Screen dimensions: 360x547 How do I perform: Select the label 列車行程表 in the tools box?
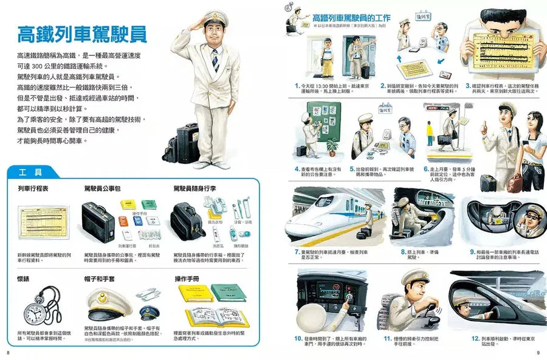point(34,189)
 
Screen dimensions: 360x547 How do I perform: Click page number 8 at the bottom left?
point(8,352)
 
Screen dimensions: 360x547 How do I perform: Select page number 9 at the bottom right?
point(538,352)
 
